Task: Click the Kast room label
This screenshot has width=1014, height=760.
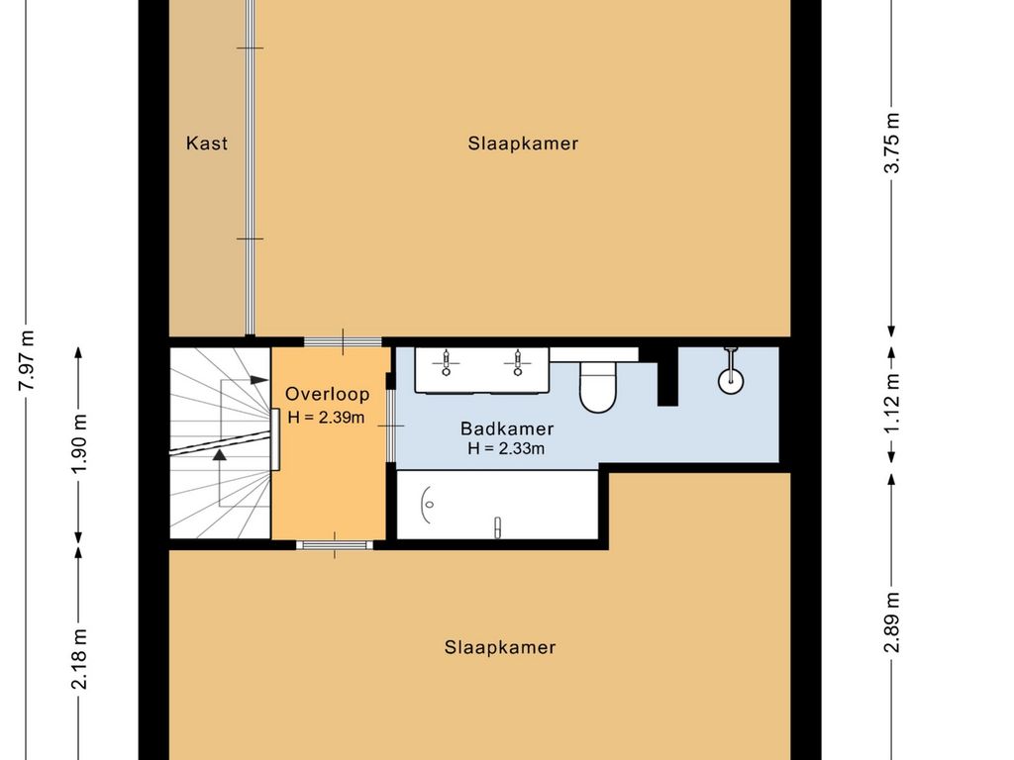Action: tap(207, 142)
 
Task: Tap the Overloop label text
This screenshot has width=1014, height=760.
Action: tap(328, 394)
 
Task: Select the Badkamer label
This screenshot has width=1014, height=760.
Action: tap(507, 428)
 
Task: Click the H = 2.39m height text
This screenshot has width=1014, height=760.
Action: tap(327, 418)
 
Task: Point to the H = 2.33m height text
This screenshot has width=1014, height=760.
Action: tap(506, 448)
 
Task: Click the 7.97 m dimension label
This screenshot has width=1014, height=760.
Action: tap(27, 360)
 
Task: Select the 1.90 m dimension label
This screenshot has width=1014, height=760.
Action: tap(79, 443)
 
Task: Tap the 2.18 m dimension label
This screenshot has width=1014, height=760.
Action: tap(79, 658)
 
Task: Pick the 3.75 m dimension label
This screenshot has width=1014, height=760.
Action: tap(892, 142)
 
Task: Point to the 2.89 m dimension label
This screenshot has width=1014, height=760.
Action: tap(892, 622)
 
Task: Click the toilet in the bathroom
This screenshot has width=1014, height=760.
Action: tap(598, 386)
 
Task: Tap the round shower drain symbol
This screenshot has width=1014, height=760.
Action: tap(731, 380)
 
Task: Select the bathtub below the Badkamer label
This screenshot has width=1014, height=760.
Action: tap(497, 505)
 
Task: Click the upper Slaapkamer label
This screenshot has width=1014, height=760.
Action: tap(523, 143)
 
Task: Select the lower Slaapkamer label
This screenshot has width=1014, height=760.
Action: tap(500, 647)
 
